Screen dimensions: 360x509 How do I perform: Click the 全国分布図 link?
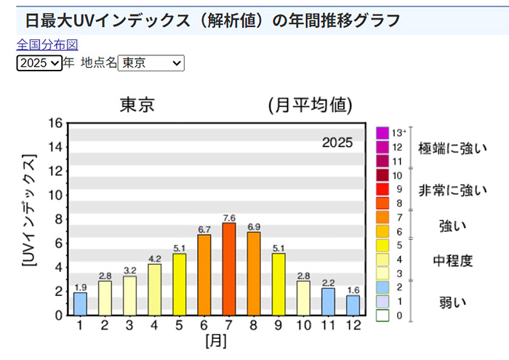pos(47,45)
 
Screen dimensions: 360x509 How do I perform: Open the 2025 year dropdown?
pos(39,63)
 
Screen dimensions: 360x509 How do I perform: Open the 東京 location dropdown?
pos(151,63)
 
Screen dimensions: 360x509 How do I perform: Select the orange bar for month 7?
pos(229,268)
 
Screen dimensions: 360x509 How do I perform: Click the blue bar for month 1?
pos(80,303)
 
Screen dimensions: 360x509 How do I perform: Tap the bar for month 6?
pos(204,274)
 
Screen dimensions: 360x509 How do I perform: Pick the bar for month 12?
pos(353,305)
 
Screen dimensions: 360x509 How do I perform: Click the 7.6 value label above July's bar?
pos(229,217)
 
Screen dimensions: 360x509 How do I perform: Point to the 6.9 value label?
pos(254,227)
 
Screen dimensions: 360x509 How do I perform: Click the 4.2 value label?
pos(154,258)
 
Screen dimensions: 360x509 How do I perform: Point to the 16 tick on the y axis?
pos(56,123)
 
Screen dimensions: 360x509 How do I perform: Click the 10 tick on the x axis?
pos(303,325)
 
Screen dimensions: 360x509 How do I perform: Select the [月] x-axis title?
pos(216,340)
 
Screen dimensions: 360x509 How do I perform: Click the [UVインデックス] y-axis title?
pos(30,211)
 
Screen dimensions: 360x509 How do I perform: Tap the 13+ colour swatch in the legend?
pos(382,132)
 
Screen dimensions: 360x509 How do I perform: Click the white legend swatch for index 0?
pos(382,315)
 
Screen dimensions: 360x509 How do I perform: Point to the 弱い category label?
pos(452,300)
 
